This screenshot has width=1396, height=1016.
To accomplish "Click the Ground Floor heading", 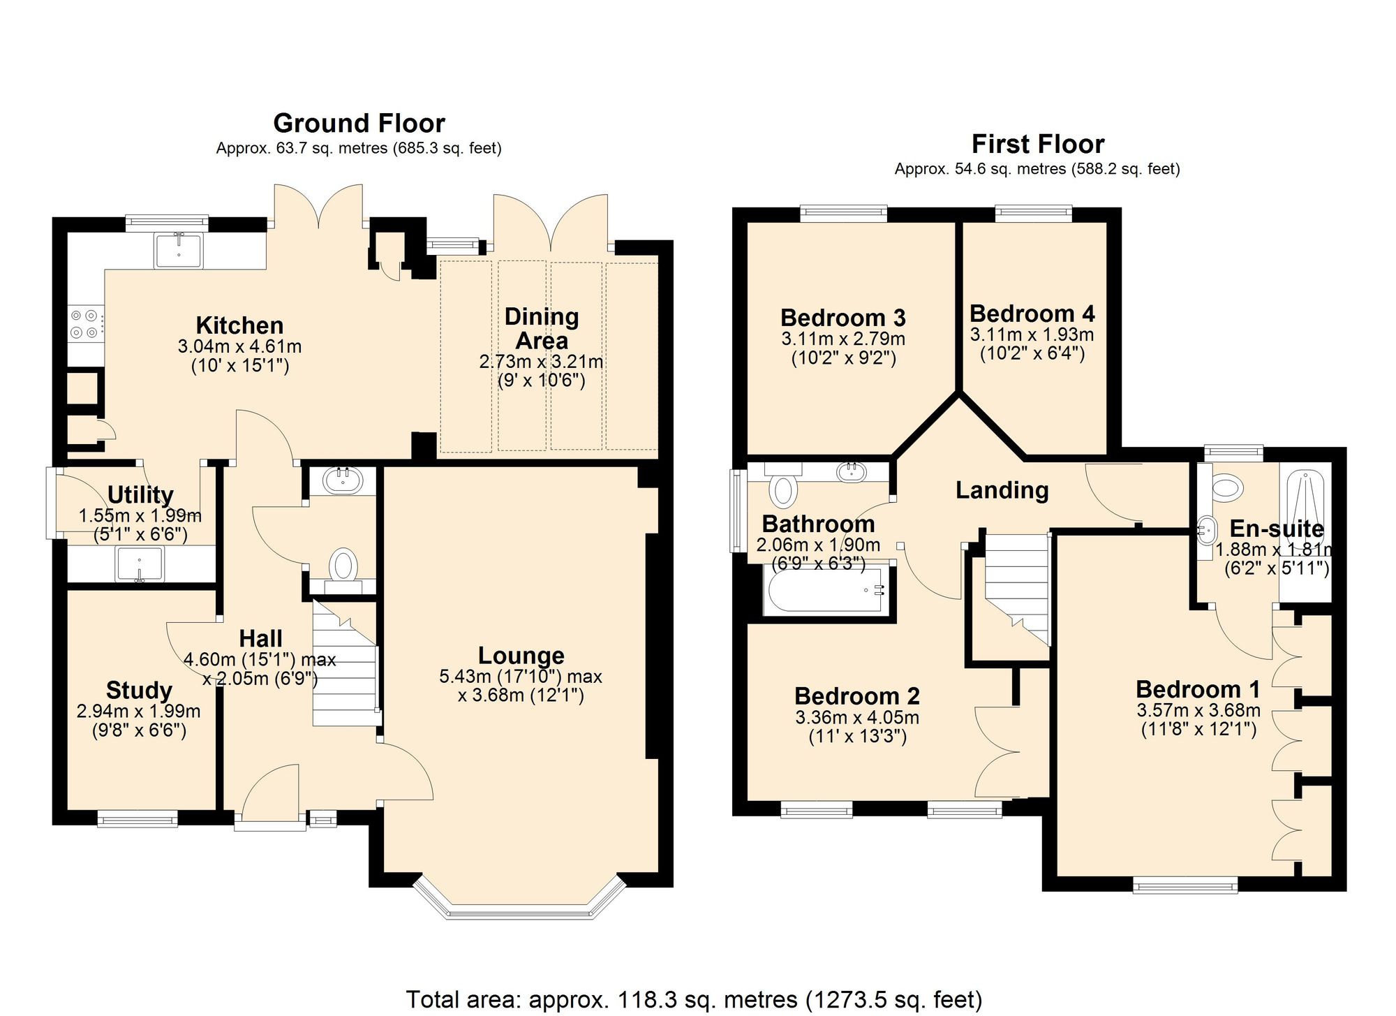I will [359, 124].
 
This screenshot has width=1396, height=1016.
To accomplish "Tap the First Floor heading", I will [1037, 145].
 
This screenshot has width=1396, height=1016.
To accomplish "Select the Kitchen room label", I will [239, 325].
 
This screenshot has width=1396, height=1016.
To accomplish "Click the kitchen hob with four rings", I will [85, 324].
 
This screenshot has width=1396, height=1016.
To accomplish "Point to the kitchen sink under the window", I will [179, 251].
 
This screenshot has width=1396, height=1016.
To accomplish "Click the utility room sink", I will [140, 564].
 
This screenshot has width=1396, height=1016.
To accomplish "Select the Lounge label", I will [521, 656].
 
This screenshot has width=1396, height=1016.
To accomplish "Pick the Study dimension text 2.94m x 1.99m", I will [138, 712].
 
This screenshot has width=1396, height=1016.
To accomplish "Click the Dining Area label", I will [541, 328].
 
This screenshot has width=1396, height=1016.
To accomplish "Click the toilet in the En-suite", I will [1226, 486].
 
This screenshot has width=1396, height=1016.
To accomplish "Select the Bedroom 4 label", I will [1032, 314].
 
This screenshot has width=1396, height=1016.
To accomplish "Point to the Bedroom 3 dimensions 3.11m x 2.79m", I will [842, 339].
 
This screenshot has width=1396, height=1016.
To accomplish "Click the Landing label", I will [1002, 490].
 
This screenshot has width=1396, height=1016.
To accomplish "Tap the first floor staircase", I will [1016, 587].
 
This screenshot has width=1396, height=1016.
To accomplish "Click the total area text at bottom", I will [694, 999].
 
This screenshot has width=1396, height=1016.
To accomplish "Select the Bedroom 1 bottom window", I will [1185, 887].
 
